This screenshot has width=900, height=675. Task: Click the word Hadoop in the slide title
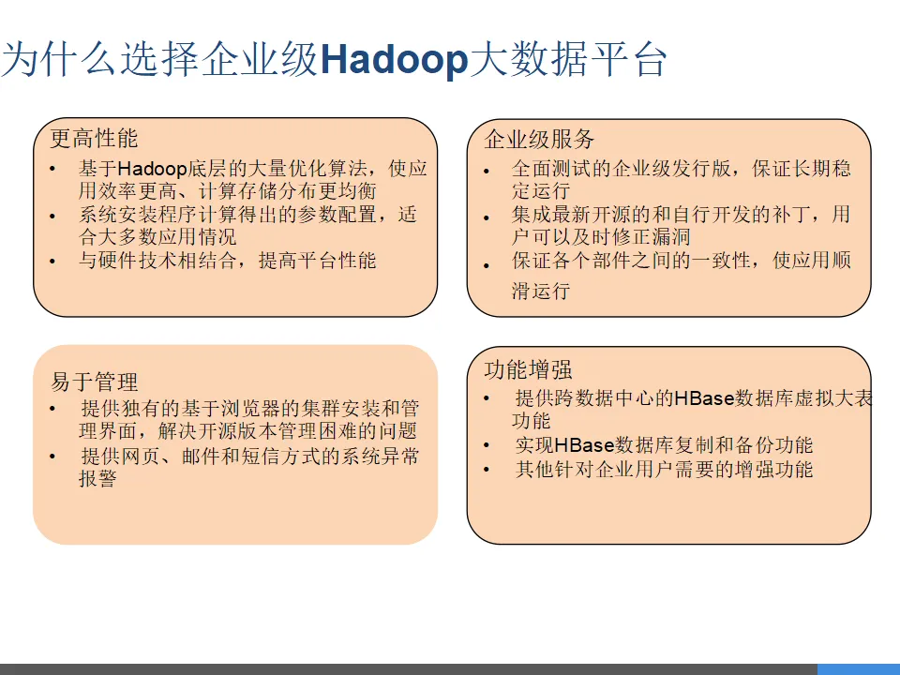click(x=395, y=60)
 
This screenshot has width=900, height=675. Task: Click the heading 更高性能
click(x=94, y=139)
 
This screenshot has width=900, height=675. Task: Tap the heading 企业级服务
click(x=539, y=139)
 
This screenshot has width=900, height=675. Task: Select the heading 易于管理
click(x=94, y=382)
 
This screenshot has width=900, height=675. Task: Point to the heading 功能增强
click(x=528, y=369)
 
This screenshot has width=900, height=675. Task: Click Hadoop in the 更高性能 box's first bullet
click(x=152, y=169)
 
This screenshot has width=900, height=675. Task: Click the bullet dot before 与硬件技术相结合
click(x=52, y=262)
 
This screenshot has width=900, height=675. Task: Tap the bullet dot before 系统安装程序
click(x=52, y=217)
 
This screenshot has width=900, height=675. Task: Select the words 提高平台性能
click(x=318, y=261)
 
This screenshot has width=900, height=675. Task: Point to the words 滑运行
click(x=541, y=291)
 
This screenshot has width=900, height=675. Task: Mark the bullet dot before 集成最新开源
click(x=487, y=217)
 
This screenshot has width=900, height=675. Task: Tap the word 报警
click(x=97, y=478)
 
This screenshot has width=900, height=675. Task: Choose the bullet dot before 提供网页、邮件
click(x=52, y=457)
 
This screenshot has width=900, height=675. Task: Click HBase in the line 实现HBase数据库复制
click(x=584, y=445)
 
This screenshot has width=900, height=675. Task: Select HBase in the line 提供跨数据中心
click(x=704, y=398)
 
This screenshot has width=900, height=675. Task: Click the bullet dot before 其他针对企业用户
click(x=487, y=470)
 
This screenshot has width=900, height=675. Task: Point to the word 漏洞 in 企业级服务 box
click(x=670, y=237)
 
